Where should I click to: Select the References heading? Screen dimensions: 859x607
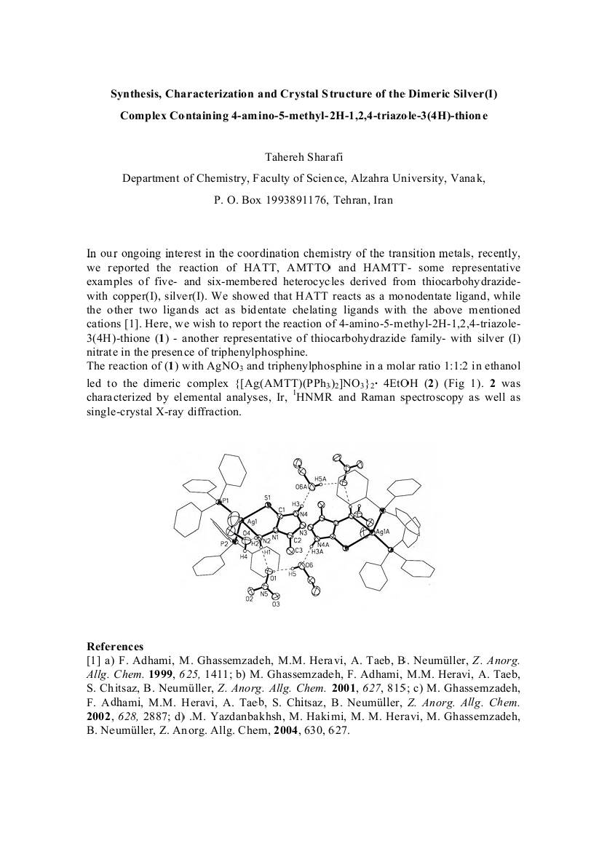pyautogui.click(x=115, y=647)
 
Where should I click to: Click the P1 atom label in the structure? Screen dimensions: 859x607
pyautogui.click(x=225, y=502)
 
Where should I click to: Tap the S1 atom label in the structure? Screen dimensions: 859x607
pyautogui.click(x=267, y=498)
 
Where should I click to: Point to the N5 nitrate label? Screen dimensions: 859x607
pyautogui.click(x=264, y=594)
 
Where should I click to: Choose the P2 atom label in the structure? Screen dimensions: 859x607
pyautogui.click(x=225, y=543)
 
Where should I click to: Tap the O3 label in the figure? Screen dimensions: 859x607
pyautogui.click(x=276, y=604)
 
